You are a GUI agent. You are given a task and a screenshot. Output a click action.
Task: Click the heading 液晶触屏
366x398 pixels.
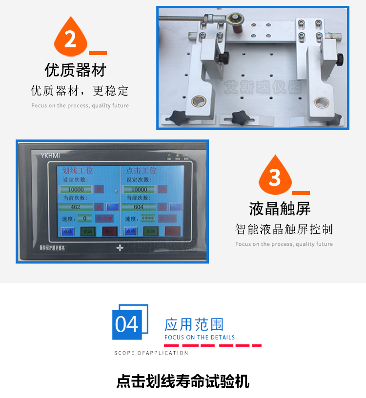(280, 209)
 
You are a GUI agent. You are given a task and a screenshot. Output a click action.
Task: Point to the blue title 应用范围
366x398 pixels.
(194, 324)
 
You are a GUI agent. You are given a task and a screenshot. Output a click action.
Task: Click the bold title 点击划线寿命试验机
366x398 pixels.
(183, 381)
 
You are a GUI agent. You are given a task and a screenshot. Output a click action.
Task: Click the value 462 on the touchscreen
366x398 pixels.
(76, 207)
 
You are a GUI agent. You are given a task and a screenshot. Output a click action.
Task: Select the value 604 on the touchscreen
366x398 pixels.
(139, 207)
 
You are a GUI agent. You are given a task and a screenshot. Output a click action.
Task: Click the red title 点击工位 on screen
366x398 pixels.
(141, 171)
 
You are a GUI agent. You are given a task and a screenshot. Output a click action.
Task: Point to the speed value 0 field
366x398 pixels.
(84, 219)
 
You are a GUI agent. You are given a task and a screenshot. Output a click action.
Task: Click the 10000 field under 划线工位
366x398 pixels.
(76, 189)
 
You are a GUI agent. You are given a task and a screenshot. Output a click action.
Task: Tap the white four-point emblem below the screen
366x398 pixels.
(120, 248)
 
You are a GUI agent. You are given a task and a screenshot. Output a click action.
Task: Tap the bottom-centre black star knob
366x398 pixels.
(240, 117)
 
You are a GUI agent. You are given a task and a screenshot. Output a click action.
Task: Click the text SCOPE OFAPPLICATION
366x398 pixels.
(151, 353)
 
